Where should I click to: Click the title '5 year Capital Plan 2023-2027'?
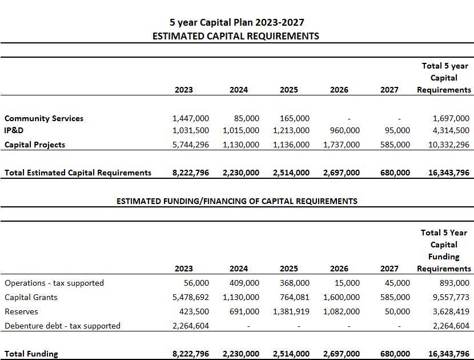tap(236, 22)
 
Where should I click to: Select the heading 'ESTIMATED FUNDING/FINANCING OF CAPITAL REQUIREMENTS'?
tap(236, 201)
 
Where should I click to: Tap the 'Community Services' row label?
tap(44, 118)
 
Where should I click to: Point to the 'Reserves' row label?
tap(22, 311)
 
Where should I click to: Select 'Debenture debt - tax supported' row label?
tap(62, 326)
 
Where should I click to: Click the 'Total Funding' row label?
tap(31, 354)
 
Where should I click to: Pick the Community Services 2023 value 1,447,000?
tap(191, 118)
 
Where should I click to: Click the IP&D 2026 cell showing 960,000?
tap(345, 130)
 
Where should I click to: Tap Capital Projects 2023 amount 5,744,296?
tap(191, 145)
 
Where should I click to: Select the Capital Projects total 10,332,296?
tap(448, 145)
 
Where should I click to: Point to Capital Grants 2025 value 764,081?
tap(294, 297)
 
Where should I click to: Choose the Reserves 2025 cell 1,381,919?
tap(291, 311)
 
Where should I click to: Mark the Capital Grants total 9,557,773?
tap(451, 297)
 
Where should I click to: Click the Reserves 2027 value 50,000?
tap(397, 311)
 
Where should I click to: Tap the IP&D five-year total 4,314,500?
tap(451, 130)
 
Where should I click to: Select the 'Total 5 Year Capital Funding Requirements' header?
tap(444, 250)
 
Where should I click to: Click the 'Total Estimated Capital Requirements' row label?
tap(78, 173)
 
